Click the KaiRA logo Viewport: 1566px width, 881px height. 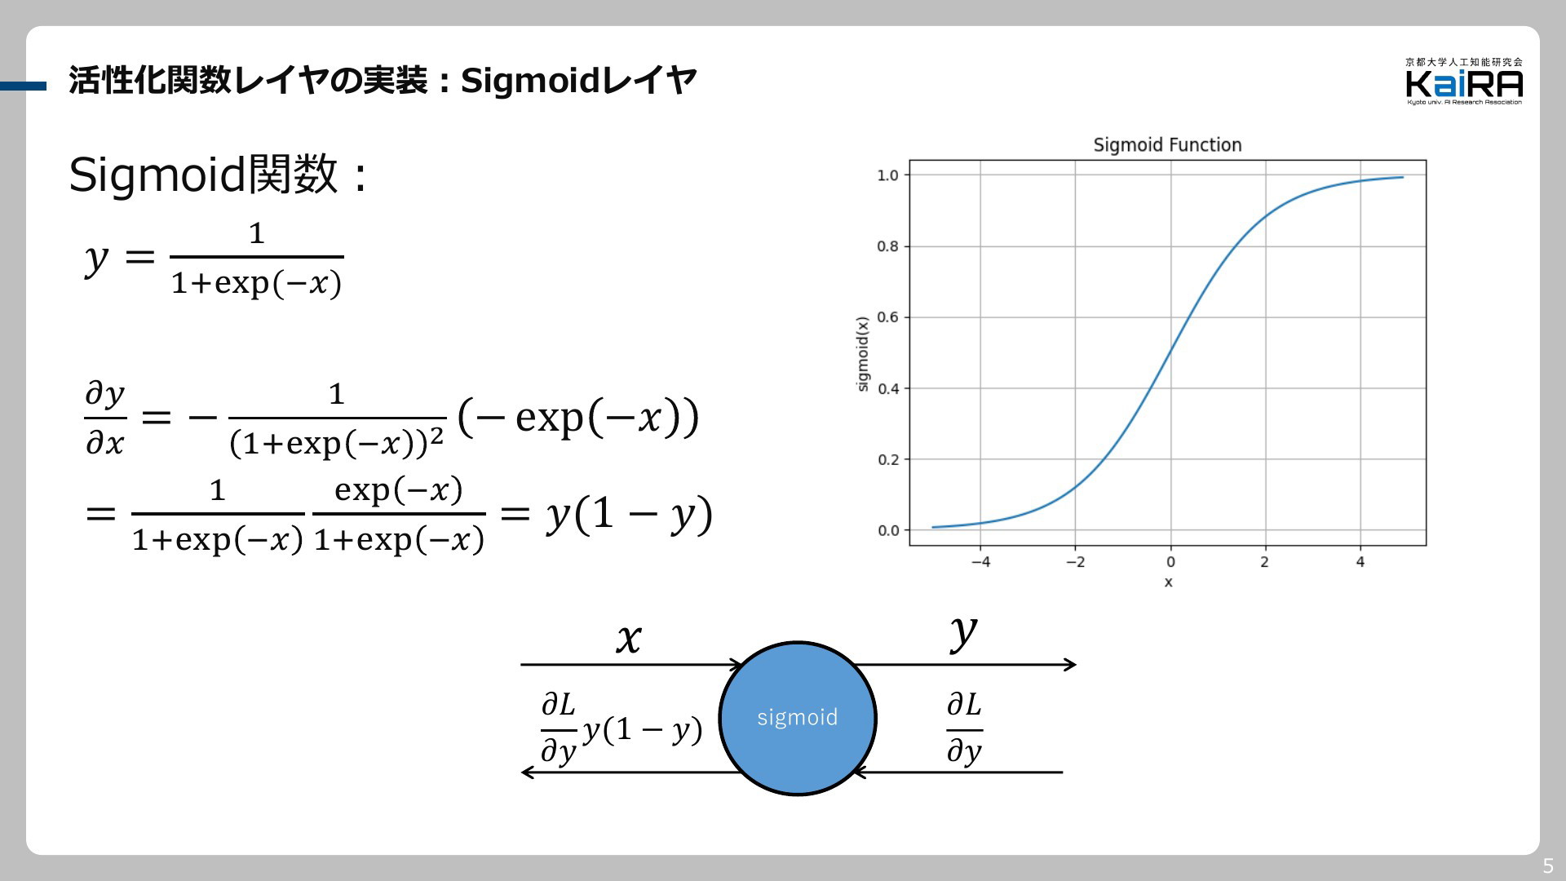[x=1464, y=81]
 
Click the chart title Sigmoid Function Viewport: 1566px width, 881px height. [x=1167, y=145]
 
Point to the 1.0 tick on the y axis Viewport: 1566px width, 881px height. [x=887, y=175]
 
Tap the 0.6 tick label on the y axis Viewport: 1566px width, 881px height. [x=887, y=317]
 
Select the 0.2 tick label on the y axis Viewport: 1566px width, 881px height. [x=887, y=460]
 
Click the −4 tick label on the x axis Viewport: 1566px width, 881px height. [x=980, y=562]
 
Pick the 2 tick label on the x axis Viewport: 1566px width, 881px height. [x=1265, y=562]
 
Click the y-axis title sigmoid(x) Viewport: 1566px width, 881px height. [x=863, y=354]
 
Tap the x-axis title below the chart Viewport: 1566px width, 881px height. [x=1168, y=582]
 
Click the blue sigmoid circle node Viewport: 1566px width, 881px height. [x=797, y=718]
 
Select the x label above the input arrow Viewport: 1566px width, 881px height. [x=628, y=639]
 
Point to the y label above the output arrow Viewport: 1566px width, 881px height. [x=963, y=635]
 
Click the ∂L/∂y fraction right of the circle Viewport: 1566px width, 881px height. [x=964, y=728]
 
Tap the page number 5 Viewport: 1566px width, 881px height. [x=1548, y=866]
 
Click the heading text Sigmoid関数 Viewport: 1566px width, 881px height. [x=203, y=175]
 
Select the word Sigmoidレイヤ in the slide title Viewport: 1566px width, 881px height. [x=578, y=81]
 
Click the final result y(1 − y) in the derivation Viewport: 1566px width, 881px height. [x=629, y=515]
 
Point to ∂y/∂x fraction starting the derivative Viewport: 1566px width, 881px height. [x=105, y=418]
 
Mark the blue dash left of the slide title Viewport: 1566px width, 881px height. [x=23, y=86]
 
